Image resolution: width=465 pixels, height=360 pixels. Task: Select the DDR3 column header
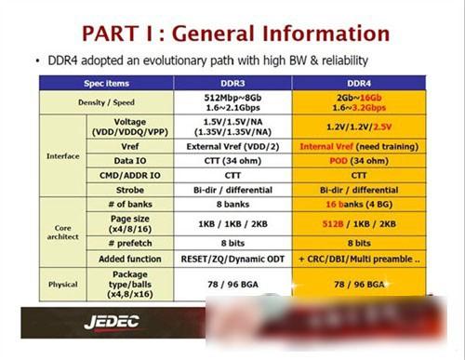coord(233,83)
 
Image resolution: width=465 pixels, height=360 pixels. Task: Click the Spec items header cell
coord(106,83)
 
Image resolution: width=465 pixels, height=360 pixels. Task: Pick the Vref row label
coord(130,145)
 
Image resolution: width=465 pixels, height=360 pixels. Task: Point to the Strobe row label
coord(130,189)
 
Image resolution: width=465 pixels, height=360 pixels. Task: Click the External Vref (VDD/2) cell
coord(233,145)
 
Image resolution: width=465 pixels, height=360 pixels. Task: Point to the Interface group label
coord(62,155)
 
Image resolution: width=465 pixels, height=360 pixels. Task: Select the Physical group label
coord(62,284)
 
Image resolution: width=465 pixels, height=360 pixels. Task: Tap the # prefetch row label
coord(130,242)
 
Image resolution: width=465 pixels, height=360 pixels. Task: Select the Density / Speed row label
coord(106,101)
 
